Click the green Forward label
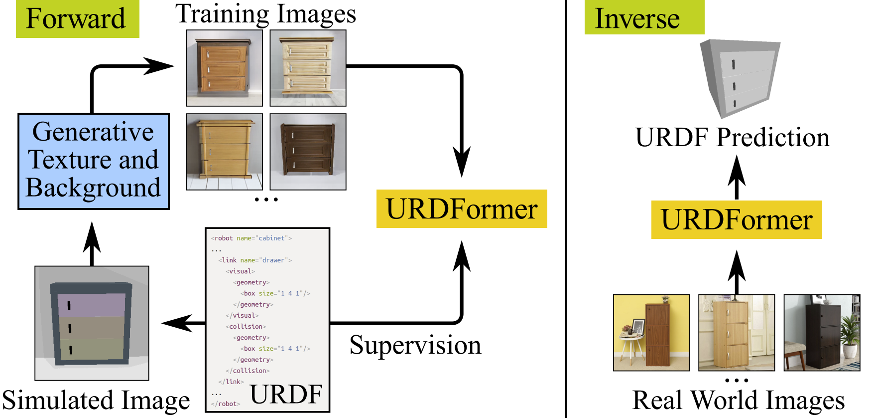(x=77, y=19)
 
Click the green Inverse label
(x=643, y=18)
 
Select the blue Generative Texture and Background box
(x=94, y=161)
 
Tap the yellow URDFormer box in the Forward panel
(x=462, y=209)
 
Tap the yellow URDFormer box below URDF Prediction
(x=737, y=220)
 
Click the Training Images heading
(x=265, y=14)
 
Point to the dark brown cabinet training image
(x=308, y=152)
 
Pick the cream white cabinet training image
(x=308, y=68)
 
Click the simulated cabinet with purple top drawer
(x=92, y=323)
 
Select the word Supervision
(x=415, y=345)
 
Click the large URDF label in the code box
(x=286, y=394)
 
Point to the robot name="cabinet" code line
(x=251, y=238)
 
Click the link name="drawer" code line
(x=255, y=260)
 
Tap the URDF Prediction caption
(x=732, y=137)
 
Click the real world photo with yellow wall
(x=651, y=333)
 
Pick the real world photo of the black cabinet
(x=822, y=333)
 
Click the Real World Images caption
(x=738, y=401)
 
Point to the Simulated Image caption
(x=96, y=401)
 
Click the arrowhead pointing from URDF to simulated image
(x=177, y=323)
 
